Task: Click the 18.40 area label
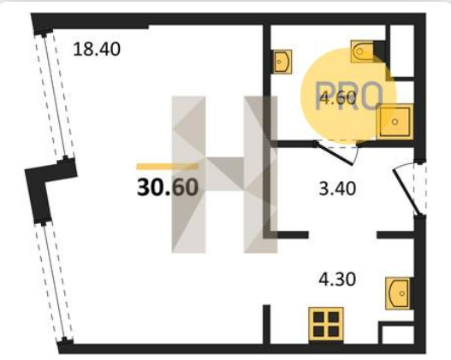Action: pos(97,49)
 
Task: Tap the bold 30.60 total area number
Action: pos(168,187)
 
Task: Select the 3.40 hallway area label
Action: pos(337,189)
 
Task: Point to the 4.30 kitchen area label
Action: pos(337,280)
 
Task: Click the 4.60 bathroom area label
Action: pos(338,98)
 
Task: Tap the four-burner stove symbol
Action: pos(326,324)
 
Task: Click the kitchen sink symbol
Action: pos(398,293)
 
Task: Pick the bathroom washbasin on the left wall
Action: pos(282,62)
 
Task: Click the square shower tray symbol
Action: pos(395,121)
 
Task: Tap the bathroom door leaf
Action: pos(335,154)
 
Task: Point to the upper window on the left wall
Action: pos(55,97)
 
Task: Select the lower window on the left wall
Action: pos(54,283)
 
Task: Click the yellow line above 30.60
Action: pos(168,167)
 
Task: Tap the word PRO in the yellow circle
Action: pos(349,96)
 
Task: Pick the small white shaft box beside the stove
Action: pos(397,334)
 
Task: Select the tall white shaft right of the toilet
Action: pos(402,50)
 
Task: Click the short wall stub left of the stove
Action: pos(267,324)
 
